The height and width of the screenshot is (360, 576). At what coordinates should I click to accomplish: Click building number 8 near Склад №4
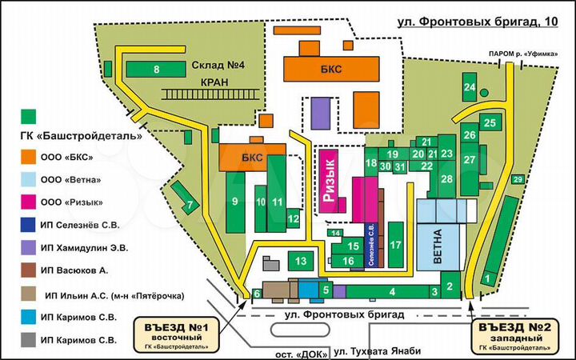click(157, 70)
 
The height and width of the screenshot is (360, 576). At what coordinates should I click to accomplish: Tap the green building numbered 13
click(301, 261)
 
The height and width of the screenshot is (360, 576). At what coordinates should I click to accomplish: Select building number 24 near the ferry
click(470, 86)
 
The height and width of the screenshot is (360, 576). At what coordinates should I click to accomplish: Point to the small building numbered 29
click(518, 178)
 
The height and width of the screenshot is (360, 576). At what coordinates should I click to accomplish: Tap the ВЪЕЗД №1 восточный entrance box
click(177, 334)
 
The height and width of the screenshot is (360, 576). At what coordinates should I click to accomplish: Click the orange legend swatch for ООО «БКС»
click(30, 156)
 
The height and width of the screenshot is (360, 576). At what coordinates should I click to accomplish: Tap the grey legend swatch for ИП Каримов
click(30, 340)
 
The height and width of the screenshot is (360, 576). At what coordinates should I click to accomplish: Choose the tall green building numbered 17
click(395, 246)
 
